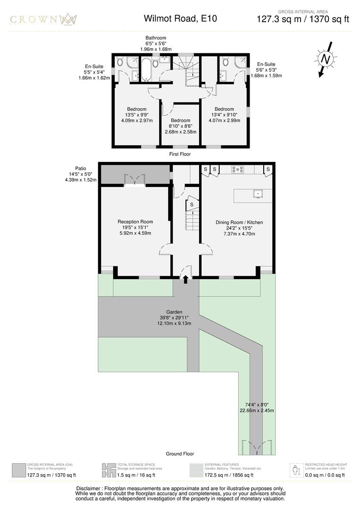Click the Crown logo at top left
(x=44, y=19)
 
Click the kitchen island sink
(x=258, y=193)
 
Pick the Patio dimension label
(x=81, y=174)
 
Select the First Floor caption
(x=180, y=154)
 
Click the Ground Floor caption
(x=180, y=454)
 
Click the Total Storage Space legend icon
(x=109, y=470)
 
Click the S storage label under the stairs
(x=192, y=205)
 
